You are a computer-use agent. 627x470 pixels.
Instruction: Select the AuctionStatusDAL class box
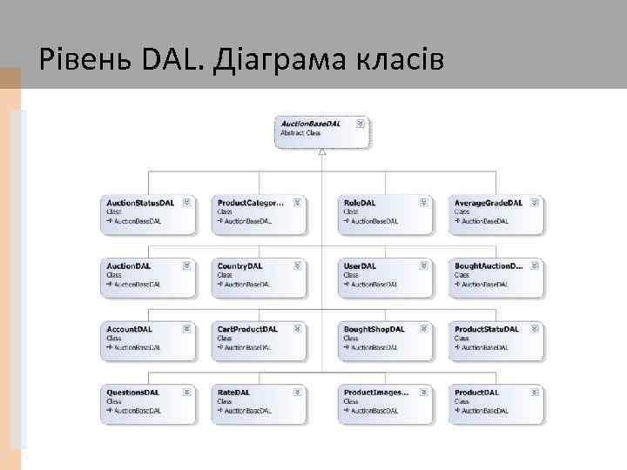[x=147, y=213]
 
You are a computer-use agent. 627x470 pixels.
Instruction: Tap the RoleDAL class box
[x=385, y=213]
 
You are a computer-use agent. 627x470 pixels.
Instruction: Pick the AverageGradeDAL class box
[x=496, y=213]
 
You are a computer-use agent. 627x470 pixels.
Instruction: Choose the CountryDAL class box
[x=258, y=276]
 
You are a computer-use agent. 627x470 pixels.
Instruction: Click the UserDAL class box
[x=385, y=276]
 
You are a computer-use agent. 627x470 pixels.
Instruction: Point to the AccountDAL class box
[x=147, y=339]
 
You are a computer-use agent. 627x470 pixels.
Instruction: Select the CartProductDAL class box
[x=258, y=339]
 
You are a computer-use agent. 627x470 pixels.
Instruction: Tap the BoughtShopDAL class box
[x=385, y=339]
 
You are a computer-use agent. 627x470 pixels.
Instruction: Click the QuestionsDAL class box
[x=147, y=403]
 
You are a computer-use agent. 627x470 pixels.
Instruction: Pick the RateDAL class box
[x=258, y=403]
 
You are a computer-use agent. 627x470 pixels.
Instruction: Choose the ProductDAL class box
[x=496, y=403]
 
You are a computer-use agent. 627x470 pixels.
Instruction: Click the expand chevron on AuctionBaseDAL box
[x=361, y=124]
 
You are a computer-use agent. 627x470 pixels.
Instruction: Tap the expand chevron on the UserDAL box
[x=423, y=265]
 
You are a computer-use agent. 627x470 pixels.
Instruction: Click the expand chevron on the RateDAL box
[x=297, y=393]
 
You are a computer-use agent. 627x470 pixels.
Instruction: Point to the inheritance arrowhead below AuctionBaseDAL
[x=322, y=151]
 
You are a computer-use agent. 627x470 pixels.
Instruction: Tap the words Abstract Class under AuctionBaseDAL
[x=300, y=133]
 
